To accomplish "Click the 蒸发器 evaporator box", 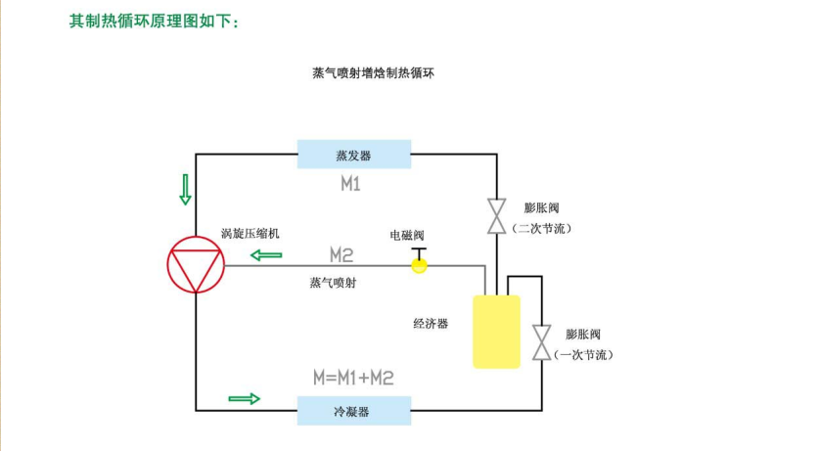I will tap(353, 155).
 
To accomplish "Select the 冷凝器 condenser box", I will tap(353, 411).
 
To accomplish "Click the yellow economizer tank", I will tap(496, 331).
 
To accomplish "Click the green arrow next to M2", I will tap(265, 255).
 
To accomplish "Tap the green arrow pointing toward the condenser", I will tap(245, 398).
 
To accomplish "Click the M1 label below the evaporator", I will tap(350, 184).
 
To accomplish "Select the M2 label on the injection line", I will tap(341, 255).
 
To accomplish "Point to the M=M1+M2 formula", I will tap(353, 378).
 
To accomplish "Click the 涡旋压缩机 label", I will tap(250, 233).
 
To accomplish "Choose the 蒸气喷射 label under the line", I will tap(332, 283).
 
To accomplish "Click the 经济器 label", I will tap(431, 323).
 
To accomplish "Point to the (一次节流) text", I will tap(585, 354).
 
